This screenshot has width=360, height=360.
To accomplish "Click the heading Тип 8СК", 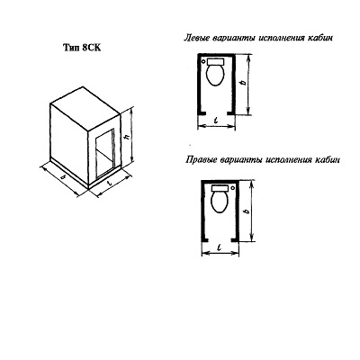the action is pyautogui.click(x=82, y=48).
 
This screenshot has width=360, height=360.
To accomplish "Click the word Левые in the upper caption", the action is pyautogui.click(x=197, y=39).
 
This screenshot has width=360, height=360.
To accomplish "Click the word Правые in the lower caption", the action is pyautogui.click(x=202, y=159).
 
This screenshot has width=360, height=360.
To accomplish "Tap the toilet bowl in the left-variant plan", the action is pyautogui.click(x=216, y=75).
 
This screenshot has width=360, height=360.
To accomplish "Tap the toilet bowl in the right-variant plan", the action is pyautogui.click(x=220, y=202).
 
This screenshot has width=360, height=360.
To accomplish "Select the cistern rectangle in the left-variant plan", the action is pyautogui.click(x=216, y=61).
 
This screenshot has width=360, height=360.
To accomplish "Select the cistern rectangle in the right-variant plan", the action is pyautogui.click(x=220, y=188).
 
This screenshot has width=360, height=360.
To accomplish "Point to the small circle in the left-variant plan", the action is pyautogui.click(x=203, y=61).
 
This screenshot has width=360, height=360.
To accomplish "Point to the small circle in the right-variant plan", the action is pyautogui.click(x=233, y=188).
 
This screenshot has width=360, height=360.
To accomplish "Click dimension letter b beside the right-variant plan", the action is pyautogui.click(x=247, y=211).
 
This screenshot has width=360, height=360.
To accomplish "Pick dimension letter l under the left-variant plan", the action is pyautogui.click(x=216, y=120).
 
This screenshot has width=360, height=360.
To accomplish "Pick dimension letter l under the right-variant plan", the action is pyautogui.click(x=220, y=247).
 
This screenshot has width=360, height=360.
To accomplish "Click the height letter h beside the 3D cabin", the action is pyautogui.click(x=127, y=137).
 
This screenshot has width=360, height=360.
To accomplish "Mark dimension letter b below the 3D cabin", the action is pyautogui.click(x=63, y=177).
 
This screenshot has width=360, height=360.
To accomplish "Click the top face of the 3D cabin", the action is pyautogui.click(x=85, y=108).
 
